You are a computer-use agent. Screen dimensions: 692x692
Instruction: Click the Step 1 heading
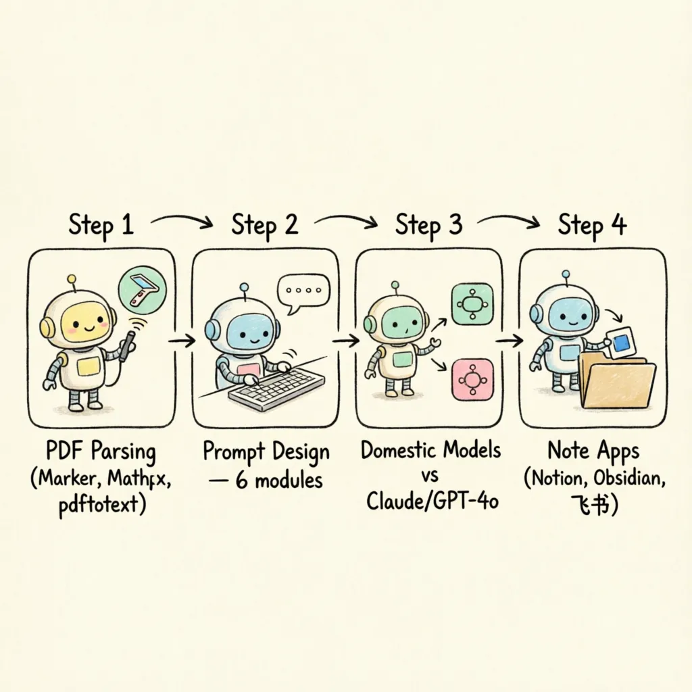101,225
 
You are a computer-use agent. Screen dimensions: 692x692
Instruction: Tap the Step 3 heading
428,225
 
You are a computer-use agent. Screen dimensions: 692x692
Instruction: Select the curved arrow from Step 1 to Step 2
182,220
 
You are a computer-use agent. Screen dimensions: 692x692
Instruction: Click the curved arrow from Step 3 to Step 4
508,220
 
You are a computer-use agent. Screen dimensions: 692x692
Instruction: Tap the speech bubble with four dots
303,293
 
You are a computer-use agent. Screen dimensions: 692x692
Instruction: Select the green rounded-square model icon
472,304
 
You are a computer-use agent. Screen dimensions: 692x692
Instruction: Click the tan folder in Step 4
616,380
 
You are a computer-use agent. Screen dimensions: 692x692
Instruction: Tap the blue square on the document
622,343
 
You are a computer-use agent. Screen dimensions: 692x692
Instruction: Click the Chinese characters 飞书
591,504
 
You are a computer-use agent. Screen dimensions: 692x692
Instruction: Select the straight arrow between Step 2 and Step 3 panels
345,341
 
